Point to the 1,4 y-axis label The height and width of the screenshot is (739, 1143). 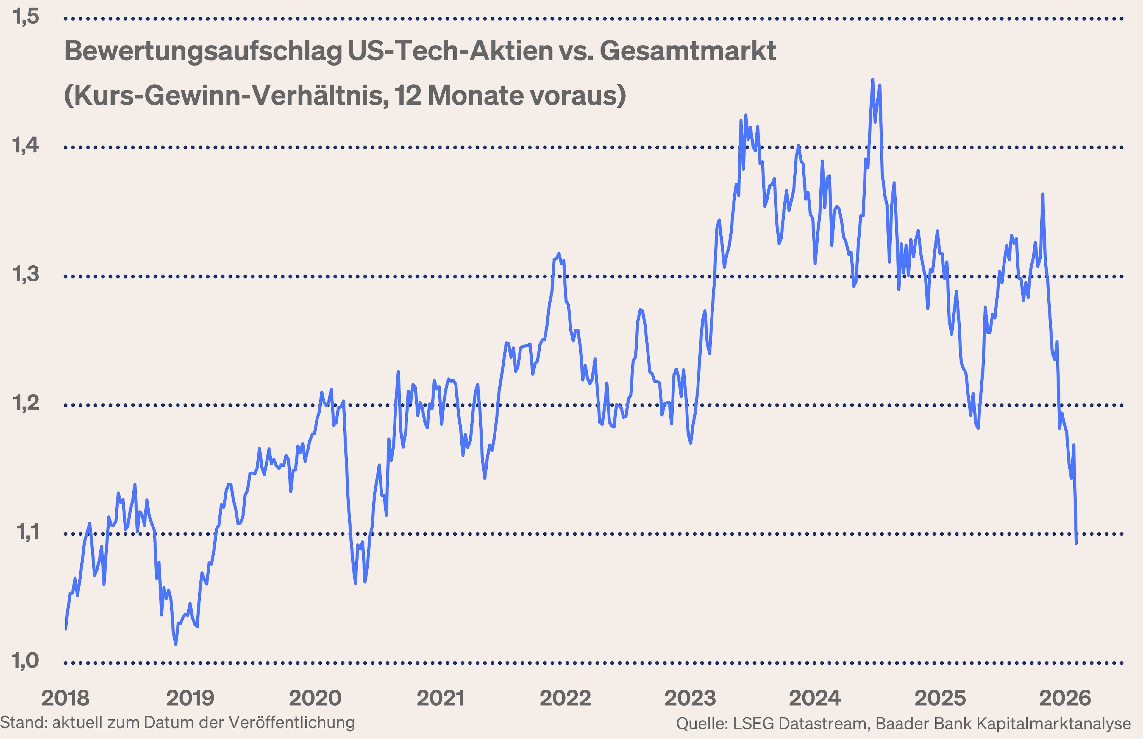coord(26,145)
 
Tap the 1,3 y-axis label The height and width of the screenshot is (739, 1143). coord(26,274)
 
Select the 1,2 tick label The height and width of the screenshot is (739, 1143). coord(26,403)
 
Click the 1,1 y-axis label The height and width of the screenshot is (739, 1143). coord(28,532)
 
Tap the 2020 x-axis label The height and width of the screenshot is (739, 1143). coord(315,698)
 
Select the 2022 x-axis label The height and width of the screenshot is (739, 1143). coord(565,698)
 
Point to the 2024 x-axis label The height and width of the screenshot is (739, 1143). coord(815,698)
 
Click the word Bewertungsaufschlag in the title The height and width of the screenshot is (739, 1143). coord(203,51)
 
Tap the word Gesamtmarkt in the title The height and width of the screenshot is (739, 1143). coord(688,51)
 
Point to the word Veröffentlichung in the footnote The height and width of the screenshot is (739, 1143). coord(291,723)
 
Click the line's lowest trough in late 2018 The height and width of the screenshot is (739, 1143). coord(176,644)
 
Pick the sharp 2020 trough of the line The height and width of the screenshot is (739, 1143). coord(355,583)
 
